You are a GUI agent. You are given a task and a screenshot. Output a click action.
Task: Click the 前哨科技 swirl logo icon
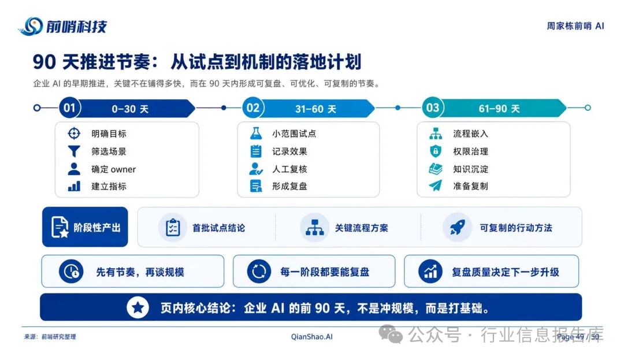coord(31,26)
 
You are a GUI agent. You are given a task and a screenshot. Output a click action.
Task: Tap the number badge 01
coord(70,108)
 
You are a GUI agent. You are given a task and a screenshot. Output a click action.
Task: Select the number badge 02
coord(253,108)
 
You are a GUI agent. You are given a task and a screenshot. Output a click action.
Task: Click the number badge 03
coord(433,108)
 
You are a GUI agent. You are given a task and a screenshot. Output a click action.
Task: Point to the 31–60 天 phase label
coord(315,109)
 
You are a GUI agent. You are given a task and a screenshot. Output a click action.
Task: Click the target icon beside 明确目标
coord(74,133)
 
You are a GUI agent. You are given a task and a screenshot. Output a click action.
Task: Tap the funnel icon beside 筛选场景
coord(74,151)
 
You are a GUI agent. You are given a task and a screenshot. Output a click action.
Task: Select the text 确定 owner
coord(113,169)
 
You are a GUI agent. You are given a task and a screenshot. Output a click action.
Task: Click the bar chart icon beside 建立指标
coord(74,186)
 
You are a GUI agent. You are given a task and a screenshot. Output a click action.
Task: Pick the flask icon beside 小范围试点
coord(256,133)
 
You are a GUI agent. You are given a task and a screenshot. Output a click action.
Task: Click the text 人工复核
coord(289,169)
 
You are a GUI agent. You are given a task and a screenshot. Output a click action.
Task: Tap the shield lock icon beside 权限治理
coord(436,151)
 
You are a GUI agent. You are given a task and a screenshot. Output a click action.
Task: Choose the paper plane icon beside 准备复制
coord(436,185)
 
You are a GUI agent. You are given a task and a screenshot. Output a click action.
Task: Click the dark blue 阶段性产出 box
coord(85,227)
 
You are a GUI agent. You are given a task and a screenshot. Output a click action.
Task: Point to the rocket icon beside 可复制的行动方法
coord(457,228)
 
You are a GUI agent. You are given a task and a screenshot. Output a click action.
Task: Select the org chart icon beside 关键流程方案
coord(314,228)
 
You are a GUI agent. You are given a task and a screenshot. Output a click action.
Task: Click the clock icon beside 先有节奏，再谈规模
coord(71,272)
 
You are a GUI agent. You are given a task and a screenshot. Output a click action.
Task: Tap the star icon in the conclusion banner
coord(138,307)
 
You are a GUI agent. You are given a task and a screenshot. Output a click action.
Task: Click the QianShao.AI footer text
coord(311,337)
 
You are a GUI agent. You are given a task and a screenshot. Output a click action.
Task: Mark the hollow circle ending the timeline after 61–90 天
coord(588,108)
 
